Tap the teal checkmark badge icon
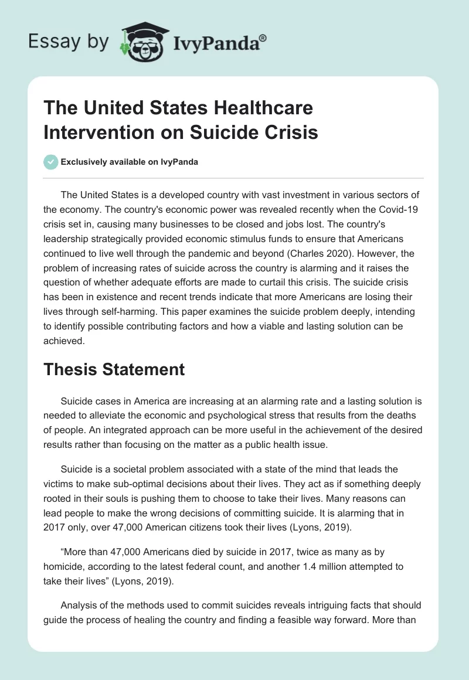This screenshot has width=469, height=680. tap(51, 162)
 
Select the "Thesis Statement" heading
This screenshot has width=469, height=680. tap(114, 369)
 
